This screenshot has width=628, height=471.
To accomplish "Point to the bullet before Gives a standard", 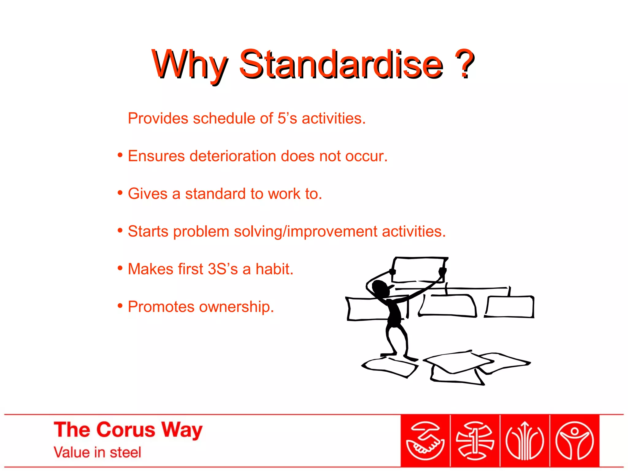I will coord(120,193).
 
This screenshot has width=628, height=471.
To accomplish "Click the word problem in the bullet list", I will coord(201,232).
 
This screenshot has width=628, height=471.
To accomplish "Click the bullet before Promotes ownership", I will coord(120,306).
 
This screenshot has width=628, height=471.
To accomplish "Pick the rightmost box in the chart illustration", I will coord(510,307).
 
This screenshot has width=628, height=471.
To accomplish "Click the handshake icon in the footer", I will coord(425,441).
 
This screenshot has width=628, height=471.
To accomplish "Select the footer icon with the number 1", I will coord(475,441).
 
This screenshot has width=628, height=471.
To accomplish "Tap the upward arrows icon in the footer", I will coord(525,441).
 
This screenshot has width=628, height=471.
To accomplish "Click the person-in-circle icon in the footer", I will coord(575,441).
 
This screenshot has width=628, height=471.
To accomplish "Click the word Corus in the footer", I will coord(126,430).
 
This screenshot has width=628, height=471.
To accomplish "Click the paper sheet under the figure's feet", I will coord(389,367).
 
